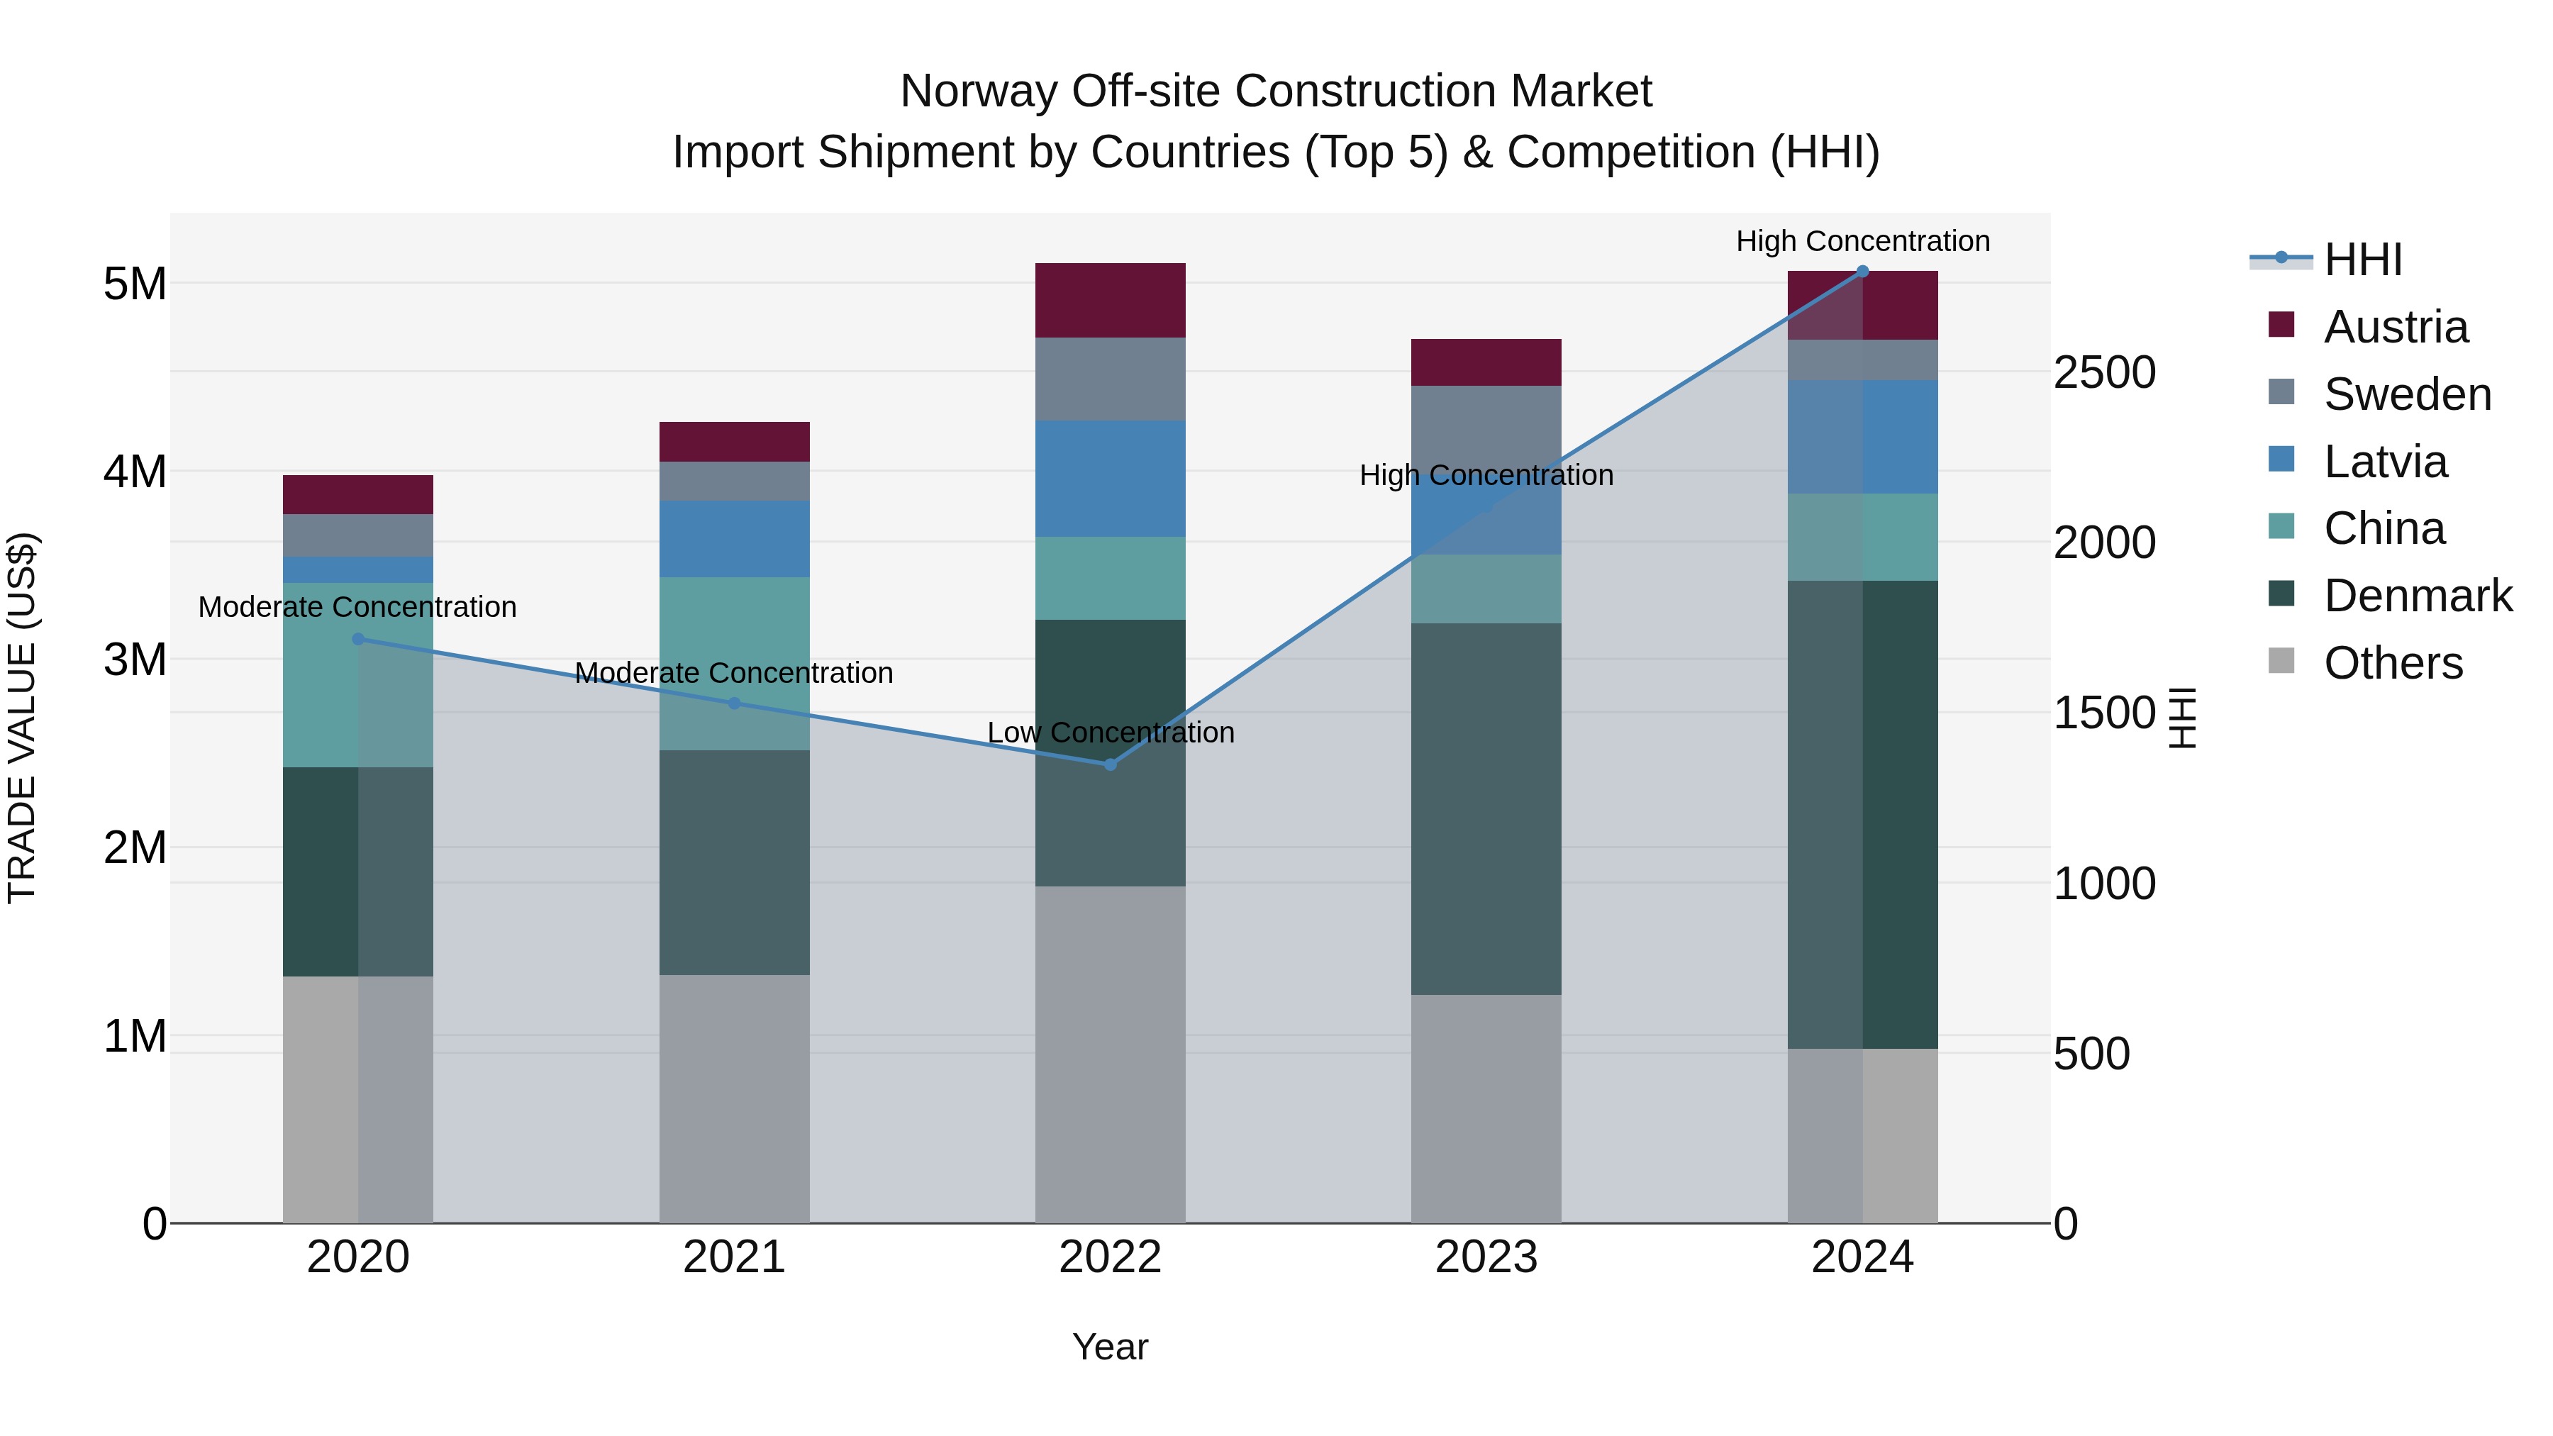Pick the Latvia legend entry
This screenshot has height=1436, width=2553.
tap(2384, 462)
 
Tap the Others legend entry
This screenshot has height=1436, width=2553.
tap(2393, 663)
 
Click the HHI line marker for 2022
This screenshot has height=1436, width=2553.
tap(1110, 764)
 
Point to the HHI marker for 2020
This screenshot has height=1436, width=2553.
tap(358, 639)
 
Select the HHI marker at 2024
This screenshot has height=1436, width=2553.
tap(1862, 272)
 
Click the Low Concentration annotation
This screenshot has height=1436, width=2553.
tap(1110, 733)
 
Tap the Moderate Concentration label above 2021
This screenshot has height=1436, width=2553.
tap(733, 673)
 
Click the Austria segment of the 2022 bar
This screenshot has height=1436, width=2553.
tap(1110, 300)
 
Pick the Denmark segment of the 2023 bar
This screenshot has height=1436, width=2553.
tap(1486, 808)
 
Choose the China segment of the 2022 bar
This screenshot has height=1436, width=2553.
tap(1110, 578)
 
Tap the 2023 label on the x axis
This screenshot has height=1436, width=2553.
tap(1486, 1257)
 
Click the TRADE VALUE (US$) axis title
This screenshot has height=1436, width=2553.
tap(23, 718)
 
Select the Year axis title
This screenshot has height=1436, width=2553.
tap(1110, 1347)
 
